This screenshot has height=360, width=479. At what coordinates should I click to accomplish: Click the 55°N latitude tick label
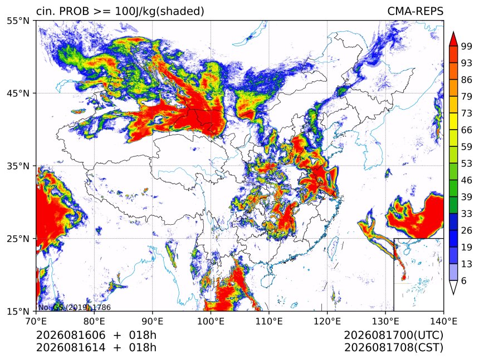point(18,21)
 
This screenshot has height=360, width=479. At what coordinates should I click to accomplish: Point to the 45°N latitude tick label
point(18,93)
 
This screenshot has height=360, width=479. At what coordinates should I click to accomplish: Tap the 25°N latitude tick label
point(18,239)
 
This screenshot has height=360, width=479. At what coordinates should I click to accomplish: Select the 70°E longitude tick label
point(36,321)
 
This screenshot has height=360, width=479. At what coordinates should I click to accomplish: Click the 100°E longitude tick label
point(211,321)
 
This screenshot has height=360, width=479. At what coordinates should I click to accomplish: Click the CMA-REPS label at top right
point(415,11)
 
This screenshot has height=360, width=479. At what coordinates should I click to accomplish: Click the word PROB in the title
point(74,11)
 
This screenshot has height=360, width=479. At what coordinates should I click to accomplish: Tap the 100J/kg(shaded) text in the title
point(159,12)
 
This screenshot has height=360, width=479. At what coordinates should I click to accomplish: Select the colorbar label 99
point(467,46)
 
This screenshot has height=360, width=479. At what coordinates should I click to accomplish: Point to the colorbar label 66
point(467,130)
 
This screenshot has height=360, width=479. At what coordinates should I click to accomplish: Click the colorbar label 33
point(467,214)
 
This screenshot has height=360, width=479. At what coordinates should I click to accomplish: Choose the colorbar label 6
point(464,280)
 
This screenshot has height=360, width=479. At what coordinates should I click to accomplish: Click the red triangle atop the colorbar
point(453,40)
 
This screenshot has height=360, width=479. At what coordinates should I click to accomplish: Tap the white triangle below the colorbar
point(453,286)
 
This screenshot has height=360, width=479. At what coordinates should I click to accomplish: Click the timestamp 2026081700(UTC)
point(393,336)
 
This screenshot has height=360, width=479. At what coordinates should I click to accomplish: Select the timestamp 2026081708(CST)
point(393,348)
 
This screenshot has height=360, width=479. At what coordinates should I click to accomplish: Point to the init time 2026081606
point(71,336)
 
